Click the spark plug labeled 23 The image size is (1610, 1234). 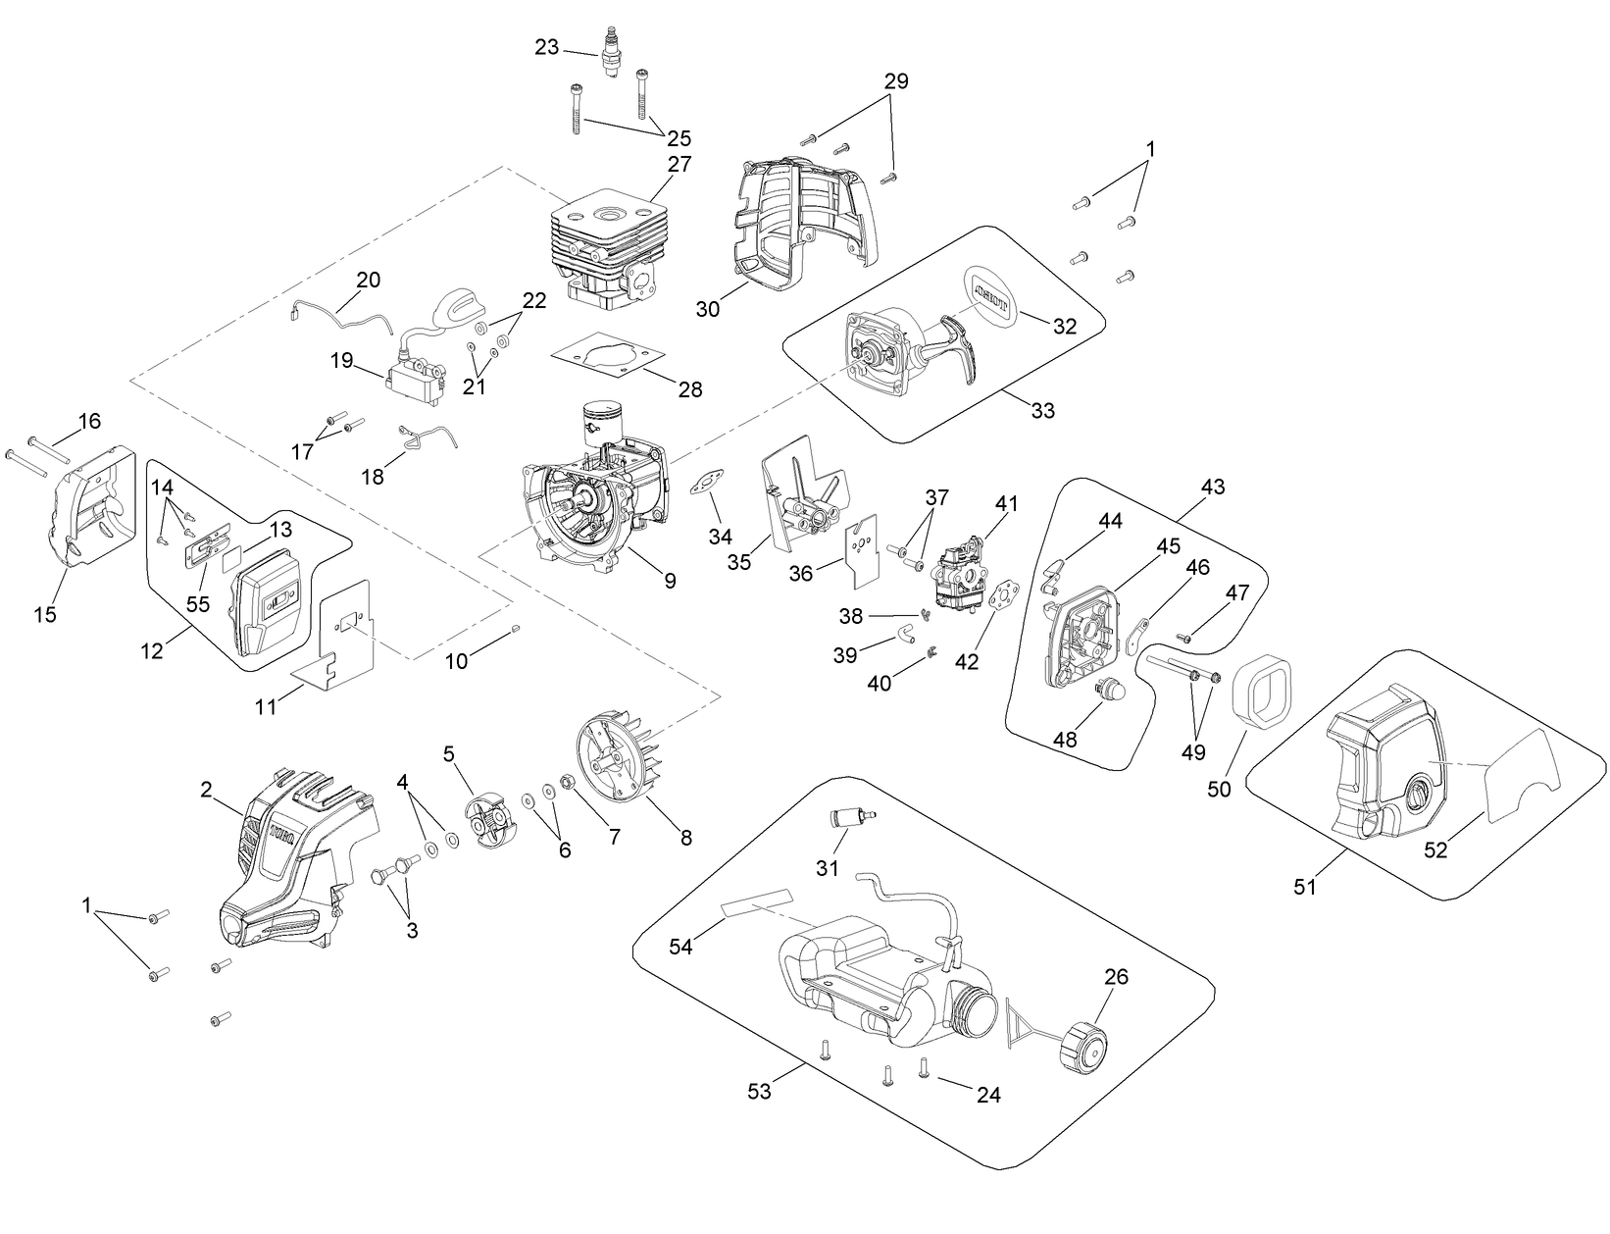[x=614, y=57]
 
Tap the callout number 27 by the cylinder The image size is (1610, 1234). [x=679, y=164]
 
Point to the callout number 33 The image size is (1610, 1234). [x=1043, y=410]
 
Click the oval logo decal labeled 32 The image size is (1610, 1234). [x=991, y=291]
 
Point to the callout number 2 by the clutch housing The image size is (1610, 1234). [x=207, y=790]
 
